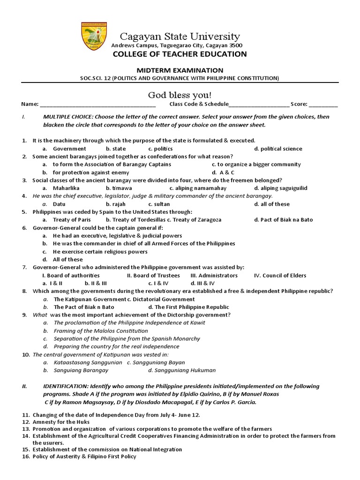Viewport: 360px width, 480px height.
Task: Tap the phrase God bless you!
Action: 180,95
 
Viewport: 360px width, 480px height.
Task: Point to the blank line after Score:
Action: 323,105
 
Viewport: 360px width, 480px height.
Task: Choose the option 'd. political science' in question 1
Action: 278,149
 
